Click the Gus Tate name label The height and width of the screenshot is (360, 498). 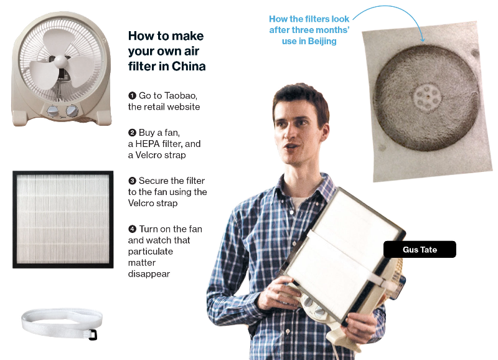[x=420, y=249]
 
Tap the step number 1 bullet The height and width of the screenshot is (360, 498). [x=132, y=95]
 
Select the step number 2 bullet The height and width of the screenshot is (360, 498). [x=132, y=133]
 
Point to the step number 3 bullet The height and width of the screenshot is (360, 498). [x=132, y=181]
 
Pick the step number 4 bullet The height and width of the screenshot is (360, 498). [x=132, y=229]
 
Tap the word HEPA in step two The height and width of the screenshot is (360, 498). [x=148, y=144]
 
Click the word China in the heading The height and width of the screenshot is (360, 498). [x=189, y=67]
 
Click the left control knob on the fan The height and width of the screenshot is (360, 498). [x=53, y=111]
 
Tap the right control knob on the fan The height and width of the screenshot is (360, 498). [x=72, y=110]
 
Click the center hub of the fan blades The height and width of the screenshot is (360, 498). [x=60, y=61]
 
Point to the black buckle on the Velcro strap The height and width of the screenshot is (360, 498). [x=93, y=335]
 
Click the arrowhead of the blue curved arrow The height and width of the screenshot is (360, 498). [x=422, y=39]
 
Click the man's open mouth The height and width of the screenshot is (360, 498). [x=291, y=147]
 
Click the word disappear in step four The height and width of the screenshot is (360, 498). [x=149, y=274]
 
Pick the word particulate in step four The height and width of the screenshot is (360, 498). [x=151, y=252]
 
